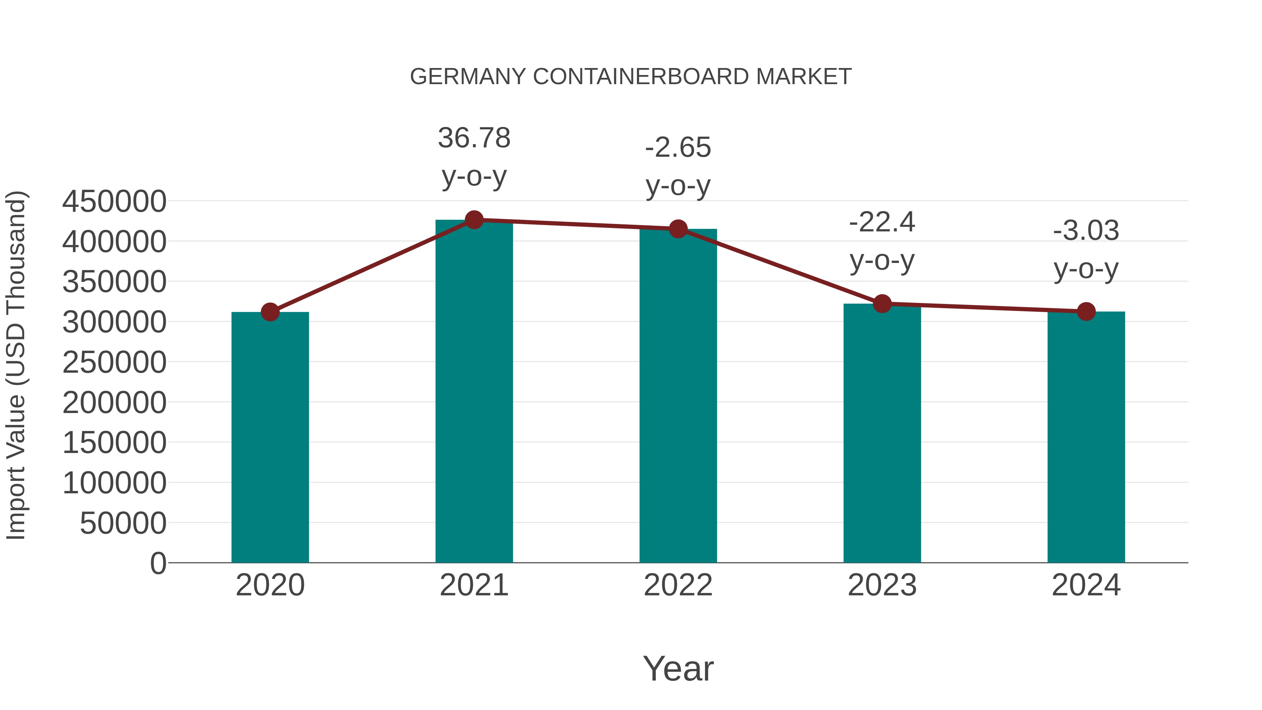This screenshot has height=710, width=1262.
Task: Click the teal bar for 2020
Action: [270, 437]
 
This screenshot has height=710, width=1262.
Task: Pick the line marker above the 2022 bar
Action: [678, 229]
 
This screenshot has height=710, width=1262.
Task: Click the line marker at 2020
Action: [270, 312]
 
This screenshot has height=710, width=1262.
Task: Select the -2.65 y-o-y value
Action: [678, 148]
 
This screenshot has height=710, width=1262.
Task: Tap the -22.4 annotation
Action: [882, 222]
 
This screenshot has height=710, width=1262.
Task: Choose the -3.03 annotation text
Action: [1086, 230]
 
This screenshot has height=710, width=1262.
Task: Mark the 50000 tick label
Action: [123, 523]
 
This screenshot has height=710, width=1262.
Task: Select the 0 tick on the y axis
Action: [158, 563]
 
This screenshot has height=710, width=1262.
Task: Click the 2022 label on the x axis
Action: [678, 585]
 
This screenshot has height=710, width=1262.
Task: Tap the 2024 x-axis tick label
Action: [1086, 585]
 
